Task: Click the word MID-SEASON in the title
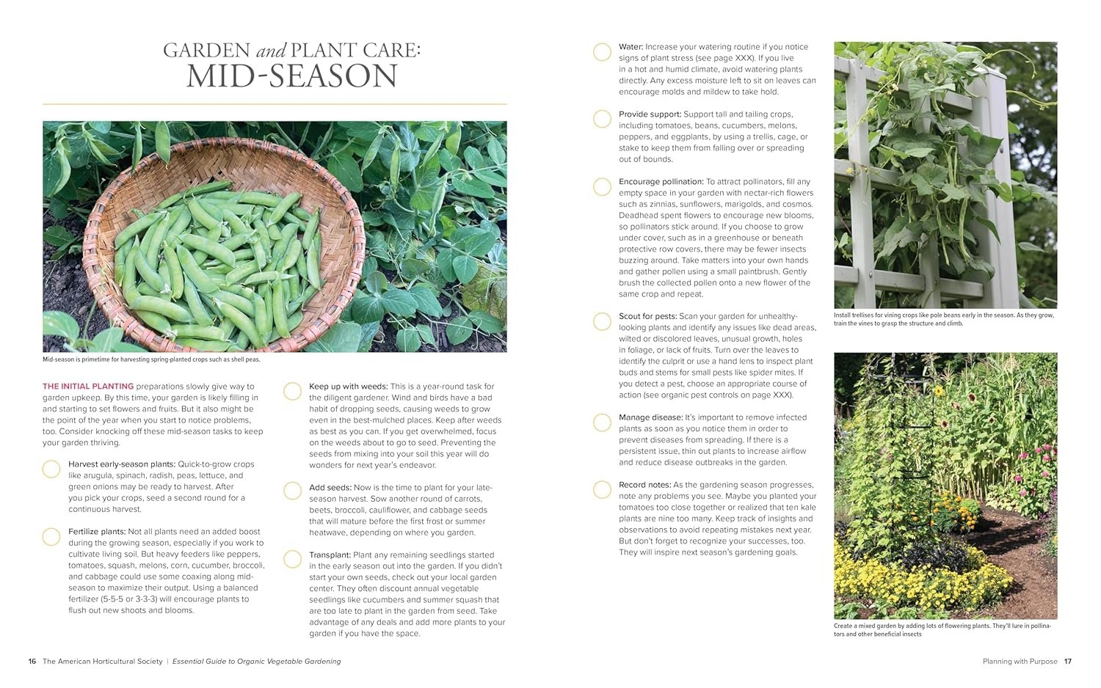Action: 291,77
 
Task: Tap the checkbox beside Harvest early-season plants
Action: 51,469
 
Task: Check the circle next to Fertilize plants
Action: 51,537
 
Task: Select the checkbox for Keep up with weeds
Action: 292,391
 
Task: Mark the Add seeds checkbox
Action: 292,491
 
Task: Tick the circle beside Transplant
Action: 292,560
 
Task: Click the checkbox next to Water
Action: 602,52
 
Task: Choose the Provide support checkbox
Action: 602,119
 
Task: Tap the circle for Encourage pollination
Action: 602,187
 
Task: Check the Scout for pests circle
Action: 602,321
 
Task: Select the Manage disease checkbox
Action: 602,422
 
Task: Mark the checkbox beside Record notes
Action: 602,489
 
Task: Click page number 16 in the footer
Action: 32,662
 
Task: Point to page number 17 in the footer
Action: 1068,662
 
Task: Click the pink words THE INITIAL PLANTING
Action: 88,387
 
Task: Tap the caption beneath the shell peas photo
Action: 151,359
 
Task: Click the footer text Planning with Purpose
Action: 1020,662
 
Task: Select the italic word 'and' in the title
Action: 270,51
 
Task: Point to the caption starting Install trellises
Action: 943,319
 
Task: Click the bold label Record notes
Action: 644,485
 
